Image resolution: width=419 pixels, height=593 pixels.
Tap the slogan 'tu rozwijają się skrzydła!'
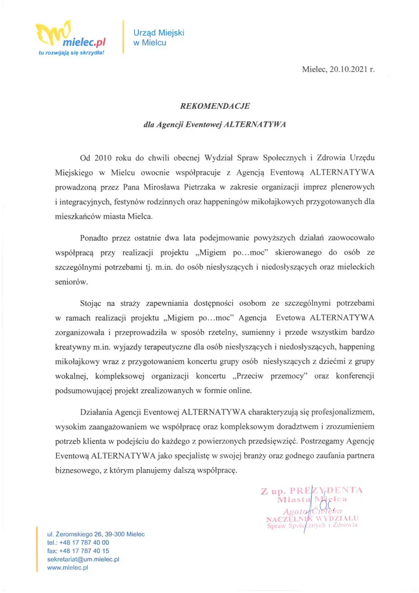(x=72, y=53)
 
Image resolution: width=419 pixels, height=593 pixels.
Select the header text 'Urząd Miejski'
(x=150, y=33)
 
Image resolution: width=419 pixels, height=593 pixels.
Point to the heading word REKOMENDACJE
(x=210, y=106)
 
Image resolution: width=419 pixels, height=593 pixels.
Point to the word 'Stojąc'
(x=92, y=304)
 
